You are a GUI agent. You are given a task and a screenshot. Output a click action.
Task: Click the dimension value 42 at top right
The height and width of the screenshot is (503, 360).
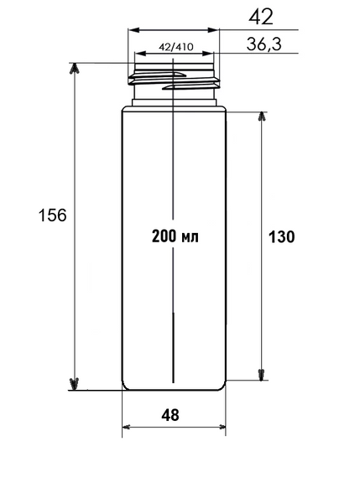260,17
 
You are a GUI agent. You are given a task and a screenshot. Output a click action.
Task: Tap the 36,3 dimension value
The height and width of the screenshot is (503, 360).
263,44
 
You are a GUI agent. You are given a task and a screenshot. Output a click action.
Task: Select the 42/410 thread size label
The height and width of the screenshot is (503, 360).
176,47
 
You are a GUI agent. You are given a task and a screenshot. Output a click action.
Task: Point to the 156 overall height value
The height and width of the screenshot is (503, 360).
52,215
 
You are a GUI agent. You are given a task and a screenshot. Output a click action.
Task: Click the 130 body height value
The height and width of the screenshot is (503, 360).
281,237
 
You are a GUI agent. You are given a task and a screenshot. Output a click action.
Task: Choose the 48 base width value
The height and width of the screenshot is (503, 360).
170,415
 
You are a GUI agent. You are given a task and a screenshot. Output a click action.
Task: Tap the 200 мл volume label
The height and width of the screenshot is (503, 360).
175,236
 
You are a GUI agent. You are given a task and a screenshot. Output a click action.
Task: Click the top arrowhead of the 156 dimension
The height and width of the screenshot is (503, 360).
74,69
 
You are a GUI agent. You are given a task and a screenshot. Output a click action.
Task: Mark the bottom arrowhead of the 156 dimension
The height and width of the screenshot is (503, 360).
74,384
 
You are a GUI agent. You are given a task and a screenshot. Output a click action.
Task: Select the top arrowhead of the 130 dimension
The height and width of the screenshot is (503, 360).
262,117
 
